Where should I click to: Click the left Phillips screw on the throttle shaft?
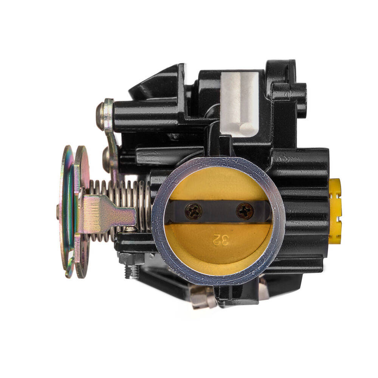[x=194, y=211]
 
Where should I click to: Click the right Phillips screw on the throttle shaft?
[x=245, y=211]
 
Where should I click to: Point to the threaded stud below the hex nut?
[x=131, y=272]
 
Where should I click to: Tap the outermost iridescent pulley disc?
[x=66, y=212]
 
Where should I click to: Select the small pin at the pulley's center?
[x=58, y=212]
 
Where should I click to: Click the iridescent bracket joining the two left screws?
[x=112, y=140]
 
